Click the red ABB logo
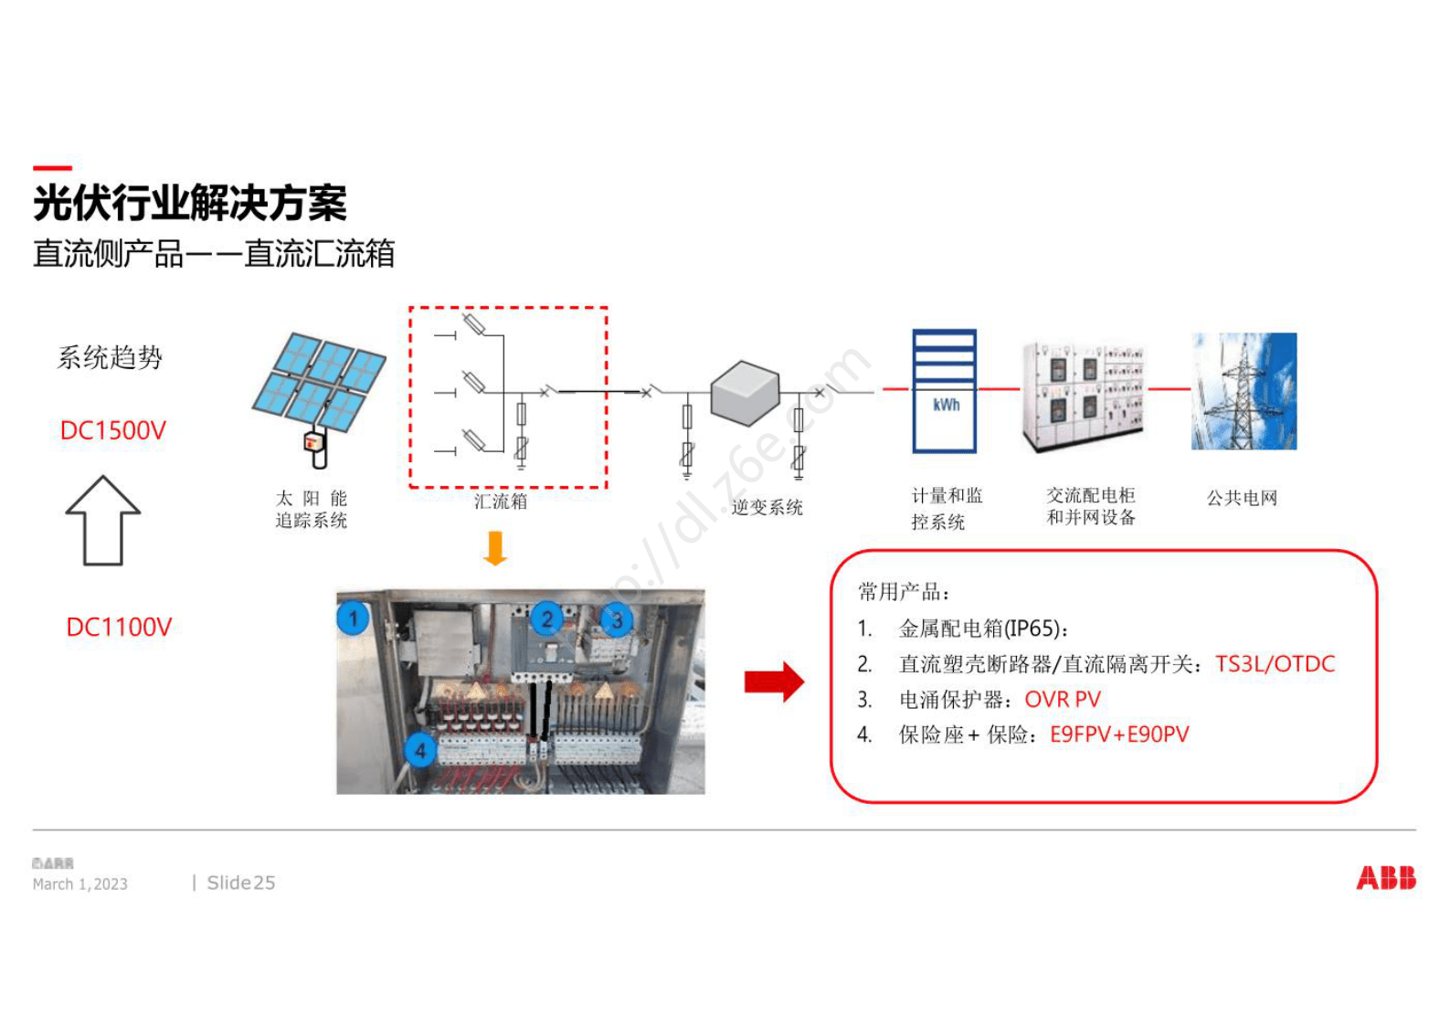(1385, 878)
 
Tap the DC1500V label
(113, 430)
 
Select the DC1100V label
(119, 627)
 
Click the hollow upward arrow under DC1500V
(103, 521)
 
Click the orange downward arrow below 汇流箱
(495, 548)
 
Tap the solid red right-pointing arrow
(774, 682)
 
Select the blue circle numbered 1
(354, 618)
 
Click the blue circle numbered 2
(546, 619)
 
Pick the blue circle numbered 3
(617, 620)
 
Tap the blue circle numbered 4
(420, 751)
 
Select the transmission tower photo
(1244, 391)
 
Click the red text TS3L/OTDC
(1275, 664)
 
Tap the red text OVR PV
(1063, 700)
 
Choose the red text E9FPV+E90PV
(1119, 734)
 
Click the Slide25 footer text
(240, 882)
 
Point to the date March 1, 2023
(80, 884)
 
